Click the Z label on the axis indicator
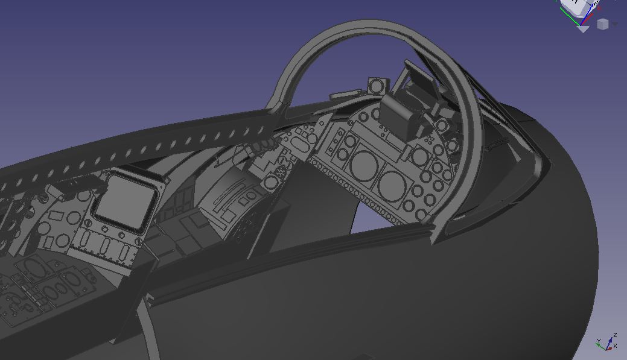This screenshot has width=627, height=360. click(614, 335)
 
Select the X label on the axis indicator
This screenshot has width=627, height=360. click(615, 346)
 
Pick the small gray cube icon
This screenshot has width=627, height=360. click(602, 24)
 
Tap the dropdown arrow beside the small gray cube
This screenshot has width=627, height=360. click(614, 24)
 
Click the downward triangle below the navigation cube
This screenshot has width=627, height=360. click(583, 28)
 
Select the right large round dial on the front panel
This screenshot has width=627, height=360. click(392, 183)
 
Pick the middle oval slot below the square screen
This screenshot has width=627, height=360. click(106, 247)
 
